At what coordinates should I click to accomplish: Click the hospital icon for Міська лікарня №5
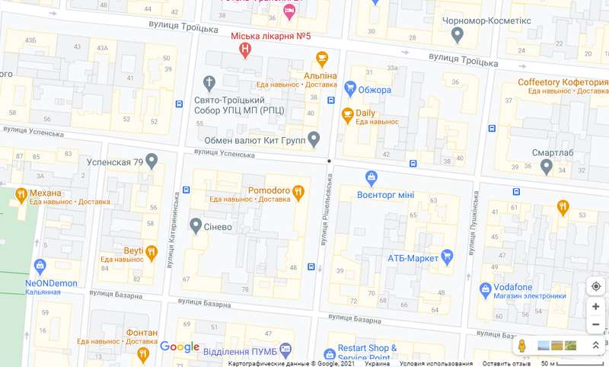pos(244,50)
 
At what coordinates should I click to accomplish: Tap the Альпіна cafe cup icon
pos(322,59)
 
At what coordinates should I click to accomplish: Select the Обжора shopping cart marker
pos(350,88)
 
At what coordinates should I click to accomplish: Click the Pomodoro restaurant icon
pos(298,192)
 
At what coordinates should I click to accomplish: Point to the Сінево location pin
pos(196,225)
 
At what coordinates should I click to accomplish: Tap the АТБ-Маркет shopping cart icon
pos(448,257)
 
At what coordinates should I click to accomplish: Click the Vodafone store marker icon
pos(485,289)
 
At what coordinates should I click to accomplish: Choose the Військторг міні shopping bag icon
pos(371,177)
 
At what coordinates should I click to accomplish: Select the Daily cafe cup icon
pos(347,115)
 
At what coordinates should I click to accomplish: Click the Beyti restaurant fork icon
pos(151,252)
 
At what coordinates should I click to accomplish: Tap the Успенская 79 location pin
pos(151,161)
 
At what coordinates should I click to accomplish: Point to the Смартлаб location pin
pos(546,166)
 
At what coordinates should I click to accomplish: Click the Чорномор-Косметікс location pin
pos(458,34)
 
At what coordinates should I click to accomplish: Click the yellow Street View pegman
pos(522,346)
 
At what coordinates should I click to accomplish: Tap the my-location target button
pos(595,286)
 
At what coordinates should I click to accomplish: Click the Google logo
pos(180,347)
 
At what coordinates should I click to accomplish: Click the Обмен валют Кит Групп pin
pos(313,139)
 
